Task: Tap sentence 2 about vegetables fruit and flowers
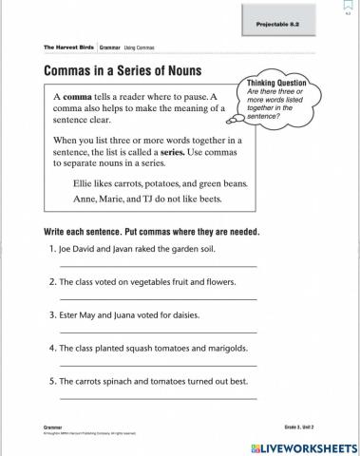[140, 282]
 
